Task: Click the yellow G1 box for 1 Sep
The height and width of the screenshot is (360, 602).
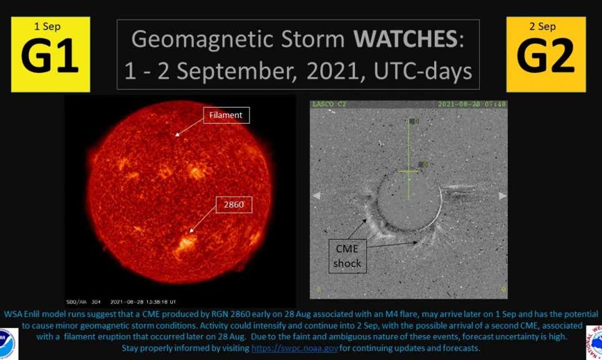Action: click(x=51, y=54)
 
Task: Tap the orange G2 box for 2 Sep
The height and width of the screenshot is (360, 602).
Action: click(x=546, y=54)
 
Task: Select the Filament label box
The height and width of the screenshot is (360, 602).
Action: click(x=226, y=115)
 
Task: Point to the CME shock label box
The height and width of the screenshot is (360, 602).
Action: click(x=347, y=255)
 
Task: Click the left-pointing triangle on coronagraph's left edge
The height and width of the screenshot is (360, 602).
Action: click(x=316, y=195)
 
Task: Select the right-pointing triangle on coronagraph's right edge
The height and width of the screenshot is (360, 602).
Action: click(x=502, y=195)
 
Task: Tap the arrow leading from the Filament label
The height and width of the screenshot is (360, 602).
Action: click(x=188, y=127)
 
